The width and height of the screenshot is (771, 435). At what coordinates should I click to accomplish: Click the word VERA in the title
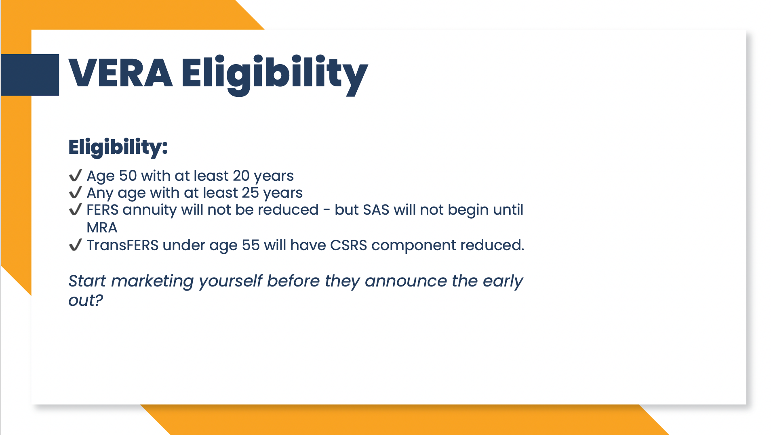(121, 73)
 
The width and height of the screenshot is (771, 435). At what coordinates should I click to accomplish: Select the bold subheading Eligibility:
(118, 147)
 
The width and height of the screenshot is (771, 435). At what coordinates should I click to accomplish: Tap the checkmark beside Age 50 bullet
(76, 176)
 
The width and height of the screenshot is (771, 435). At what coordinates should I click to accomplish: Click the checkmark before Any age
(76, 192)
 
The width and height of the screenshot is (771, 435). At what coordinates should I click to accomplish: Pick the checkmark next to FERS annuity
(76, 210)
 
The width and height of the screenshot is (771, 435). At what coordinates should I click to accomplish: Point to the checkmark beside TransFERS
(76, 245)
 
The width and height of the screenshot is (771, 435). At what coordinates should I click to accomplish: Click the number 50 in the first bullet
(128, 176)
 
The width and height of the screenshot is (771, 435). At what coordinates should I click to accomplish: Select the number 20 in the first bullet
(241, 176)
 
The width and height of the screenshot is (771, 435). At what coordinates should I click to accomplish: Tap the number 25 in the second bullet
(250, 193)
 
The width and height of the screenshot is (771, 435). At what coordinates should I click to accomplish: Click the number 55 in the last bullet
(251, 245)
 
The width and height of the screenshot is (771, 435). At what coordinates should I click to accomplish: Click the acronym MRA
(102, 228)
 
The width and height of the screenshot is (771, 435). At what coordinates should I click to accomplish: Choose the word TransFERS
(122, 245)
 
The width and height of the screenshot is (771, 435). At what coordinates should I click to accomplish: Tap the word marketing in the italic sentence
(152, 281)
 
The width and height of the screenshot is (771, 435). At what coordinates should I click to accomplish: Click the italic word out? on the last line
(86, 300)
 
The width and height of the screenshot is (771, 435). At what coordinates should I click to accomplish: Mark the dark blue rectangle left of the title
(30, 75)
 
